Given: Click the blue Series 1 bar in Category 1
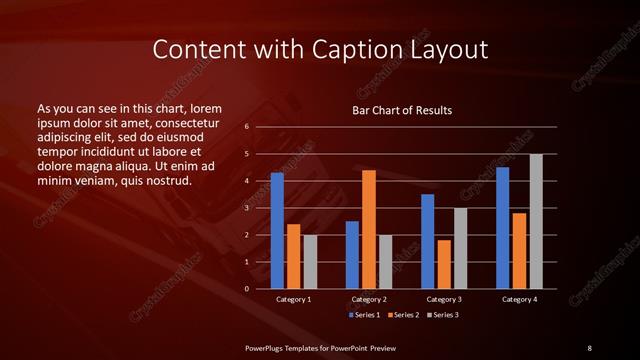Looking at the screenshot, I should pyautogui.click(x=277, y=231).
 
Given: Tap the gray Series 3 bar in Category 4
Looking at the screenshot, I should pyautogui.click(x=536, y=221).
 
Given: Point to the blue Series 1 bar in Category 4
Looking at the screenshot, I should pyautogui.click(x=502, y=228).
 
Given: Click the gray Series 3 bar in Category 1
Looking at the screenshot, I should pyautogui.click(x=310, y=262).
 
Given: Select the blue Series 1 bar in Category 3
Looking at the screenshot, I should pyautogui.click(x=427, y=241).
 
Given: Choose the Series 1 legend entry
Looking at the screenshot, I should pyautogui.click(x=363, y=315).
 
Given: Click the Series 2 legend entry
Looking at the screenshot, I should pyautogui.click(x=402, y=315).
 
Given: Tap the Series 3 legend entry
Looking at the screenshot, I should pyautogui.click(x=442, y=315).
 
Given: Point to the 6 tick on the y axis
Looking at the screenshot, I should pyautogui.click(x=246, y=127).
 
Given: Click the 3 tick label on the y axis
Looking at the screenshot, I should pyautogui.click(x=246, y=208).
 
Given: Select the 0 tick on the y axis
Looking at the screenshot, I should pyautogui.click(x=246, y=289).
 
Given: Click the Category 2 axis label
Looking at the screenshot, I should pyautogui.click(x=369, y=299).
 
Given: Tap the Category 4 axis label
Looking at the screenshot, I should pyautogui.click(x=518, y=299).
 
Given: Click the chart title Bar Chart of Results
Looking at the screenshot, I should pyautogui.click(x=402, y=110).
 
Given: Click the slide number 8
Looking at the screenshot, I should pyautogui.click(x=589, y=347).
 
